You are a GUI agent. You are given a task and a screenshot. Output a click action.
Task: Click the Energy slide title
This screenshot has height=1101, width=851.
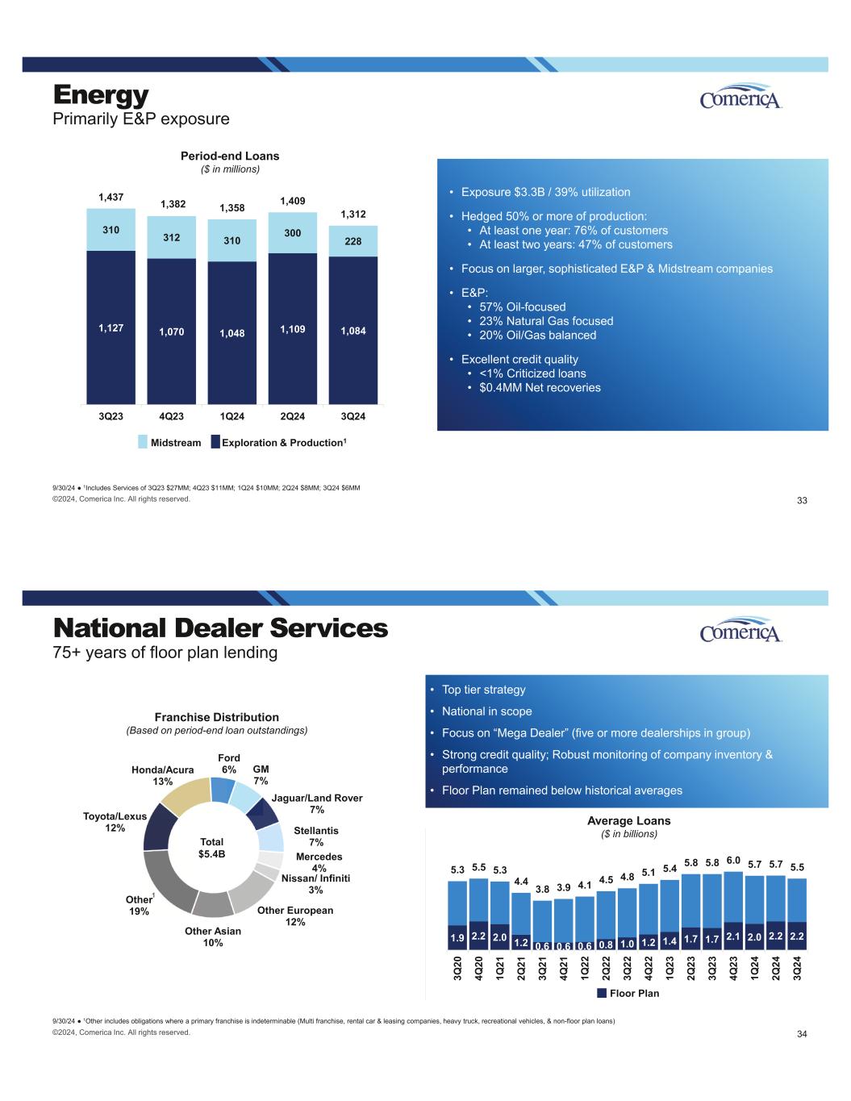click(x=102, y=95)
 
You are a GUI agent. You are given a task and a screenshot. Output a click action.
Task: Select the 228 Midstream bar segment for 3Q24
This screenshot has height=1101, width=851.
click(x=353, y=241)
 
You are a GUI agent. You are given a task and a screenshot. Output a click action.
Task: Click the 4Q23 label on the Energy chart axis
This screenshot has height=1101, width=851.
click(x=172, y=416)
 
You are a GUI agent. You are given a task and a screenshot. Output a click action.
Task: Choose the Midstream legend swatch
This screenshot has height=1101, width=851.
click(x=143, y=442)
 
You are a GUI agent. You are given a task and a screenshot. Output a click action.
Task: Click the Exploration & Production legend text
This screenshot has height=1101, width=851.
click(x=282, y=442)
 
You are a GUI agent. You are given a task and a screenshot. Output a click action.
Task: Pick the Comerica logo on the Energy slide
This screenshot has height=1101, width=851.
click(x=741, y=98)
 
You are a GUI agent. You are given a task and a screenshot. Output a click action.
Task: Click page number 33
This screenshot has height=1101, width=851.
click(x=802, y=501)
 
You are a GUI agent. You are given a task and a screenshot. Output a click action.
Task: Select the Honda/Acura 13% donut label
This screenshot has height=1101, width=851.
click(x=163, y=776)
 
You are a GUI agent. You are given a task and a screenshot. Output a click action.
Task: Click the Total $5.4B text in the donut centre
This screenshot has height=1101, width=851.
click(x=211, y=848)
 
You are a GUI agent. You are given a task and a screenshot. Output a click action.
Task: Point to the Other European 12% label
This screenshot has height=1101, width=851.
click(x=294, y=915)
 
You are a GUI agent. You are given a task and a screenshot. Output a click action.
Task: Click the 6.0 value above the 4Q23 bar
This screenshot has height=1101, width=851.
click(x=733, y=861)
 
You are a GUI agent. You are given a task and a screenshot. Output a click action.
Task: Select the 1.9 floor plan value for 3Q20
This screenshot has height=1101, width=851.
click(x=457, y=938)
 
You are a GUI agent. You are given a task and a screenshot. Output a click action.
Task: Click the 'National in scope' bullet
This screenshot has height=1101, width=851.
click(x=486, y=711)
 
